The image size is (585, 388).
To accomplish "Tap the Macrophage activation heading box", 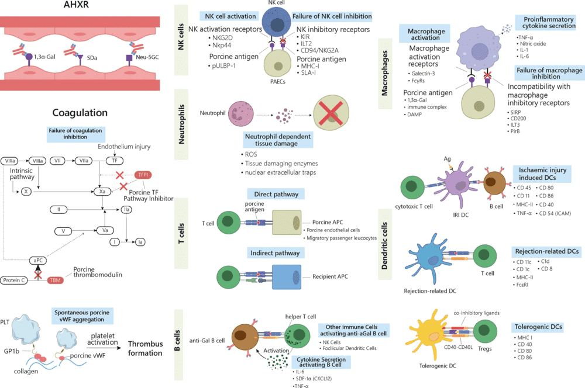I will click(x=422, y=33).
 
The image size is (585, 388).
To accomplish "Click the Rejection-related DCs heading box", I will click(x=546, y=251).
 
